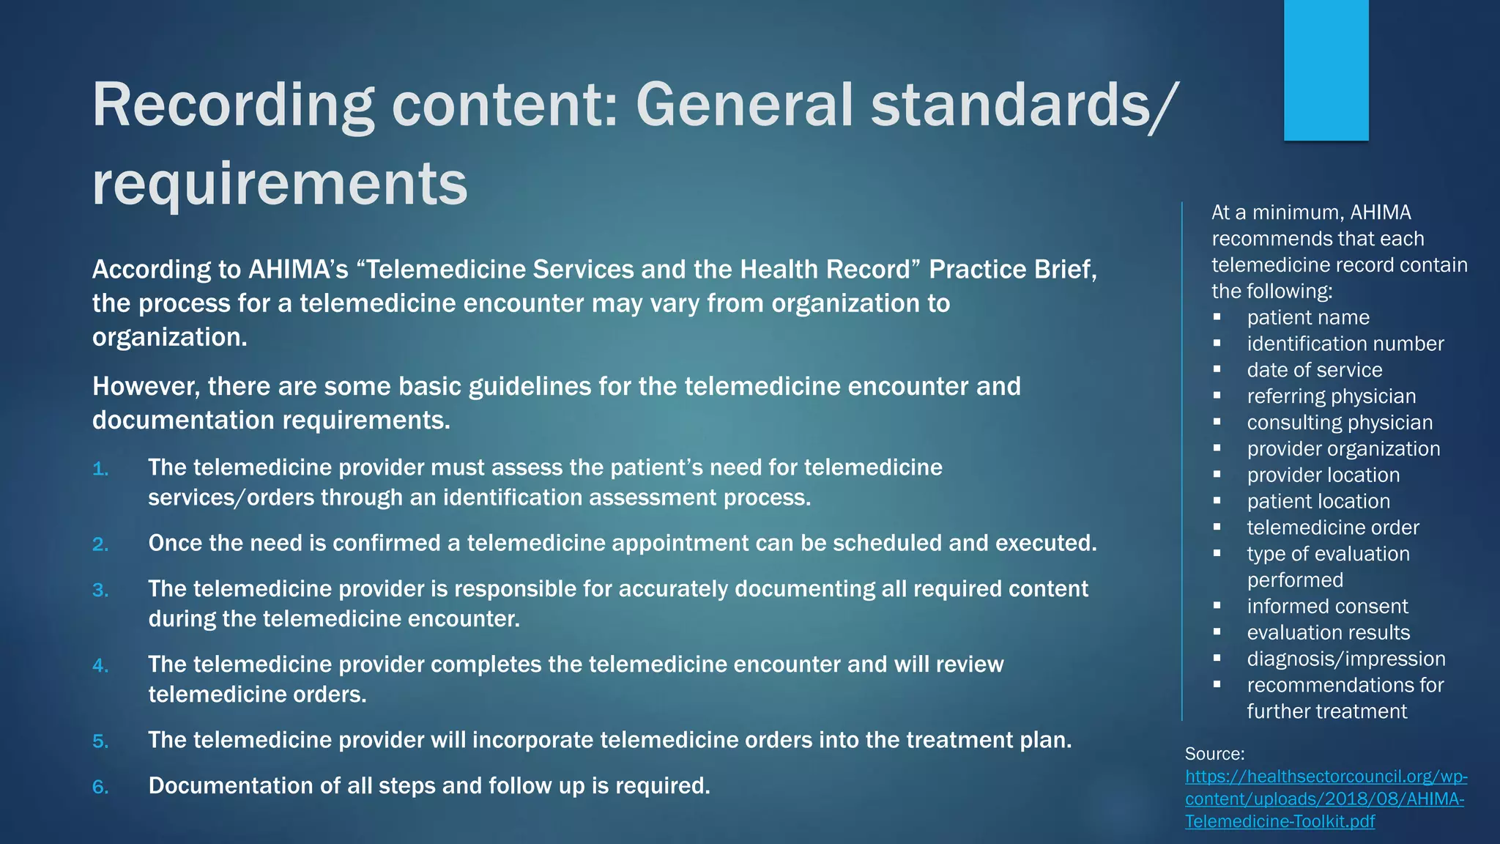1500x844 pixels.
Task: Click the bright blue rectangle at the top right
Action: pyautogui.click(x=1326, y=70)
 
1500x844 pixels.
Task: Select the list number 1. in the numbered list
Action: pyautogui.click(x=100, y=469)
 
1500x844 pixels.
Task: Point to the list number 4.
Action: pyautogui.click(x=100, y=666)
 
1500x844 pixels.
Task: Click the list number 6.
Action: pyautogui.click(x=100, y=788)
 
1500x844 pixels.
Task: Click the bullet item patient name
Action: pyautogui.click(x=1308, y=317)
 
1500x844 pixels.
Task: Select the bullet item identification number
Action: pyautogui.click(x=1345, y=344)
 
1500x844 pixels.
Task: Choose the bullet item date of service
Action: pyautogui.click(x=1315, y=370)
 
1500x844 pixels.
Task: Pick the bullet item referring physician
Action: pyautogui.click(x=1332, y=396)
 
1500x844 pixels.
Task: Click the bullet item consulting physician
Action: pyautogui.click(x=1340, y=423)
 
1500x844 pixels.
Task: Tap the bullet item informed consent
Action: pyautogui.click(x=1327, y=607)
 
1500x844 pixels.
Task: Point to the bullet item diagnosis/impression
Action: pyautogui.click(x=1346, y=659)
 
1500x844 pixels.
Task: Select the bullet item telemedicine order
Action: pyautogui.click(x=1333, y=527)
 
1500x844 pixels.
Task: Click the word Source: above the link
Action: pyautogui.click(x=1214, y=754)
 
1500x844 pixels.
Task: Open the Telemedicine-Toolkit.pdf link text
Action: pyautogui.click(x=1280, y=821)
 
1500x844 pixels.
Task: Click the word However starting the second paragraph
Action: pyautogui.click(x=144, y=386)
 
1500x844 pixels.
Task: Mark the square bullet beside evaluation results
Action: pyautogui.click(x=1217, y=632)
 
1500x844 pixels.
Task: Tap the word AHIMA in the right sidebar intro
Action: pyautogui.click(x=1380, y=212)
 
